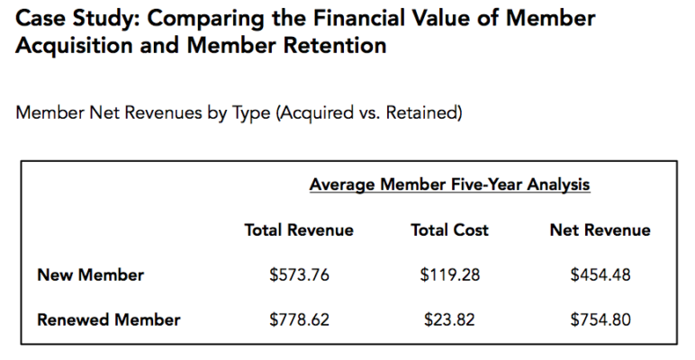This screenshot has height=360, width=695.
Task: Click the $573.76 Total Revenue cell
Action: pyautogui.click(x=299, y=274)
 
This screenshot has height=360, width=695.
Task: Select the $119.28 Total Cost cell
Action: pyautogui.click(x=449, y=274)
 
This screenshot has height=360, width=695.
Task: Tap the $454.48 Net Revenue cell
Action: pyautogui.click(x=600, y=274)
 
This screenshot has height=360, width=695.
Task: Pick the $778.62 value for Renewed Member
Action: pyautogui.click(x=299, y=319)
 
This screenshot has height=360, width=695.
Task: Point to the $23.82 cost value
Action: pyautogui.click(x=449, y=319)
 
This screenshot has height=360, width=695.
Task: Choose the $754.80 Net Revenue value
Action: pyautogui.click(x=600, y=319)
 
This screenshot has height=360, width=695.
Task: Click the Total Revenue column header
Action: pyautogui.click(x=299, y=230)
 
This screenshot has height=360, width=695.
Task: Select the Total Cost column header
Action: pyautogui.click(x=449, y=230)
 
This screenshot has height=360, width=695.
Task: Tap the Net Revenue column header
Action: pyautogui.click(x=600, y=230)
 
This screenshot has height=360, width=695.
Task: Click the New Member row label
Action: pyautogui.click(x=90, y=274)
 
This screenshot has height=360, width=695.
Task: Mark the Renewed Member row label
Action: pyautogui.click(x=108, y=319)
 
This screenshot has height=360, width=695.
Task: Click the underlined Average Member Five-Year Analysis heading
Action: pyautogui.click(x=449, y=185)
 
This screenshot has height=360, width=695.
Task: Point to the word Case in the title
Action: pyautogui.click(x=40, y=18)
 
